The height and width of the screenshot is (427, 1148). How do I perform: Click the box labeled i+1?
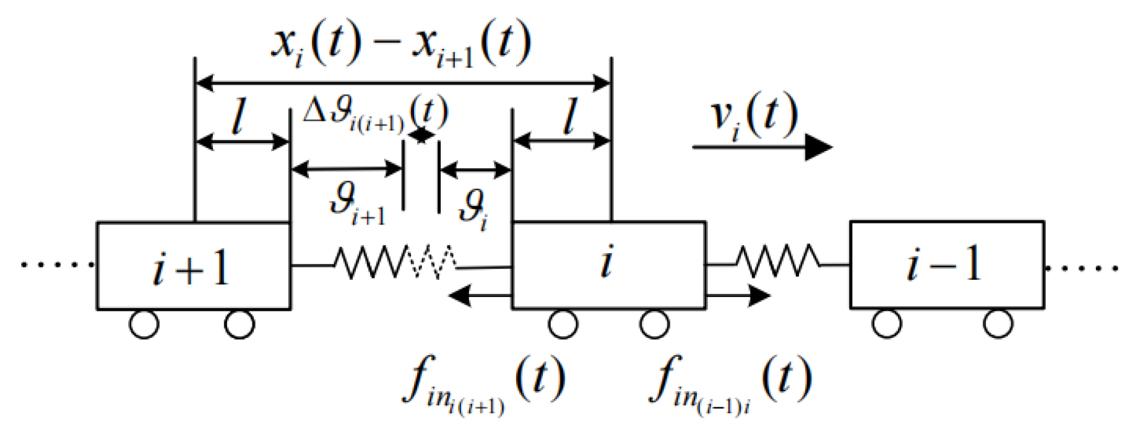[x=193, y=266]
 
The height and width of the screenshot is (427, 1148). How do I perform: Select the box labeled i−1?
[x=946, y=264]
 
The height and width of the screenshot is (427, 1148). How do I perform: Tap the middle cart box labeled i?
[x=608, y=264]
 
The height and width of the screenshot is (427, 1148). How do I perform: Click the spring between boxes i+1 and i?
[x=396, y=262]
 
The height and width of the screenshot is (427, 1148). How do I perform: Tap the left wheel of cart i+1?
[x=144, y=324]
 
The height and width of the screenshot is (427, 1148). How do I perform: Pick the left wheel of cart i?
[x=563, y=324]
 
